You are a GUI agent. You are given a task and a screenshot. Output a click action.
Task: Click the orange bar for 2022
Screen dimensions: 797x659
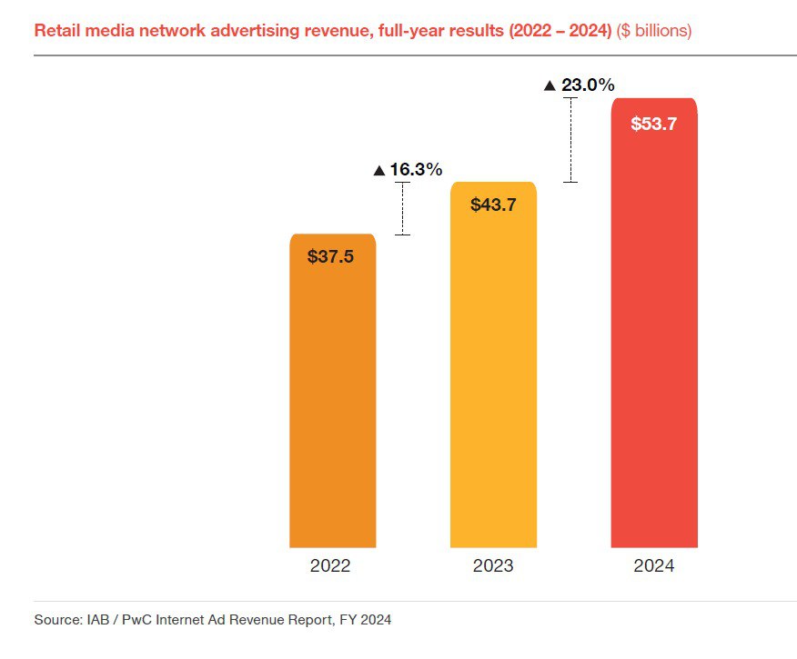[332, 391]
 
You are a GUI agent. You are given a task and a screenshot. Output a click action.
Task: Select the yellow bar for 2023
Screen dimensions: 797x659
[493, 364]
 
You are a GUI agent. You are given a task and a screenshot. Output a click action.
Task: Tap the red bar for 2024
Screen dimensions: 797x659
[654, 323]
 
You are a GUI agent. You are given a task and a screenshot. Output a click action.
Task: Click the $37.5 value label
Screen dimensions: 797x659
[330, 256]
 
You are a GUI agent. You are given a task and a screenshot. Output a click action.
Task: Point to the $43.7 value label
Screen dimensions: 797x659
[493, 205]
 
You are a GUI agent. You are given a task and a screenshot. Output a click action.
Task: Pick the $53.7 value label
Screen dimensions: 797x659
[653, 124]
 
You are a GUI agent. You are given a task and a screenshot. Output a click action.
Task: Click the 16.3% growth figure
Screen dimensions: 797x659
[416, 170]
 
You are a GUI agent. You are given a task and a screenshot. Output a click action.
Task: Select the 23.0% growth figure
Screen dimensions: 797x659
[588, 85]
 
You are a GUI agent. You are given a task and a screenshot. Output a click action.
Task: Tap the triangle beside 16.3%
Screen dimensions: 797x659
[379, 171]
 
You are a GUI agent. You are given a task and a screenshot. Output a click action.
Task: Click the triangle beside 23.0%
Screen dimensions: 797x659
[550, 85]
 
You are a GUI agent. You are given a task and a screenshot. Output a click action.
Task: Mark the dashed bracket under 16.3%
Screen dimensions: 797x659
[402, 209]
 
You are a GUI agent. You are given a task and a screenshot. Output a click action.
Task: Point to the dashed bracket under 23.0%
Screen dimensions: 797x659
[570, 140]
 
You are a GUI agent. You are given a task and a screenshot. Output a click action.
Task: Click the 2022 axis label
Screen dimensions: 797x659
[330, 565]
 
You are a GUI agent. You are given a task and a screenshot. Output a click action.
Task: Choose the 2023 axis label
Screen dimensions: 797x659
[493, 565]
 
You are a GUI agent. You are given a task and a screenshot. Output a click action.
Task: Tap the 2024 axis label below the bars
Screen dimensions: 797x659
[653, 565]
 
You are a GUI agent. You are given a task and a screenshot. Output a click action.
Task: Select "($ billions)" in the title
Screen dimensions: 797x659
[653, 31]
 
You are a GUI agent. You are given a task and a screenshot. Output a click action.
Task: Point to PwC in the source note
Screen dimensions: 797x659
[137, 620]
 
